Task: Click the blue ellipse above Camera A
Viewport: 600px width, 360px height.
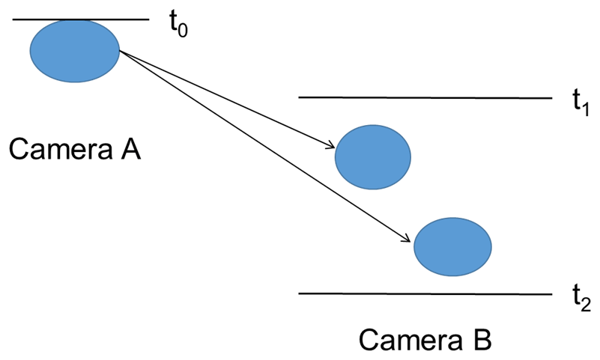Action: coord(75,50)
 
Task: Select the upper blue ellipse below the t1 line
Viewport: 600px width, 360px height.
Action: coord(372,156)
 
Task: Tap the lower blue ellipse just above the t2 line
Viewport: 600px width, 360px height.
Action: coord(452,246)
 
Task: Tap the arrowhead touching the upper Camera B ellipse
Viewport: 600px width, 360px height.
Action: coord(330,146)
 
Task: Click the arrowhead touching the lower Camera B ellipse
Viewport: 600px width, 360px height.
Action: coord(407,240)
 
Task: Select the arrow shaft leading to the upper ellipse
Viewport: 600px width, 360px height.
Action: coord(225,98)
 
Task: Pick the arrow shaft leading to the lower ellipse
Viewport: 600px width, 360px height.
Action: coord(262,145)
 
